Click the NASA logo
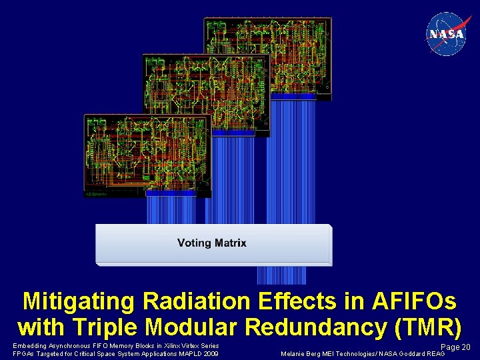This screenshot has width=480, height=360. click(x=446, y=33)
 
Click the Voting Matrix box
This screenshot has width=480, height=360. click(x=213, y=244)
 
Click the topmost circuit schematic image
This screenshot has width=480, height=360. click(x=267, y=55)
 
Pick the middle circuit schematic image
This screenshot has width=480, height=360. click(x=206, y=93)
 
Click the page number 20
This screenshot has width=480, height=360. click(x=466, y=347)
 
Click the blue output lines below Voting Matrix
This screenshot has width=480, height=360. click(x=281, y=275)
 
